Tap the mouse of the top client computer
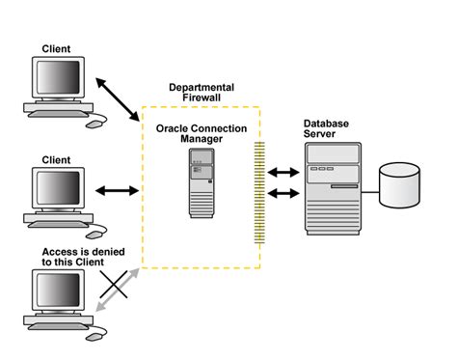point(95,123)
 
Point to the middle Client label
point(57,159)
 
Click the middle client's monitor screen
point(57,187)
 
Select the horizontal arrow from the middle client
point(120,190)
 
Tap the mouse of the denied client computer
point(95,334)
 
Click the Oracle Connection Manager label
point(202,132)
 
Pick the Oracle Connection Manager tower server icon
point(202,183)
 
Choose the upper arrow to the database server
point(283,173)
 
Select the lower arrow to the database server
point(283,194)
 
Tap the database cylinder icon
point(400,185)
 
